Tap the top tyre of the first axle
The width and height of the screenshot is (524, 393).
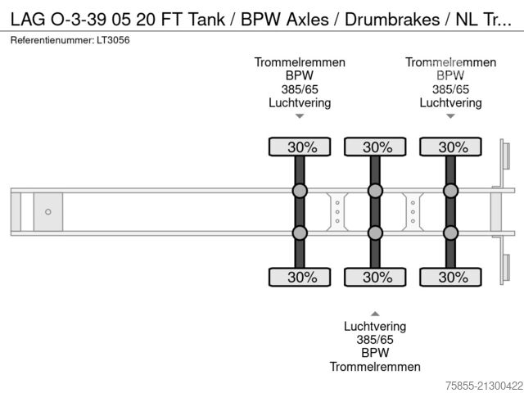pyautogui.click(x=300, y=147)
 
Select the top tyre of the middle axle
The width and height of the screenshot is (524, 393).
pyautogui.click(x=375, y=147)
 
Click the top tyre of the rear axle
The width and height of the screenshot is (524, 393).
pyautogui.click(x=450, y=147)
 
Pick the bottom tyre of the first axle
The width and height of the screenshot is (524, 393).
pyautogui.click(x=300, y=277)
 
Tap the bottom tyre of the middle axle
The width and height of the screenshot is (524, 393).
pyautogui.click(x=375, y=277)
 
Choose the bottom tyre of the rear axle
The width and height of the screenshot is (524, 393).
pyautogui.click(x=450, y=277)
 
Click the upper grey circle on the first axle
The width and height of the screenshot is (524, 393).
pyautogui.click(x=300, y=192)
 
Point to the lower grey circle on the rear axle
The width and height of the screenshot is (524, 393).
pyautogui.click(x=450, y=233)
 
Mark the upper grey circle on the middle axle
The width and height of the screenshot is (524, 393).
pyautogui.click(x=375, y=192)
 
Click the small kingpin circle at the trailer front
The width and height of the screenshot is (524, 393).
pyautogui.click(x=48, y=212)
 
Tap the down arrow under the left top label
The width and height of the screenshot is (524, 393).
pyautogui.click(x=300, y=116)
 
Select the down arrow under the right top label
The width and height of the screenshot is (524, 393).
pyautogui.click(x=450, y=116)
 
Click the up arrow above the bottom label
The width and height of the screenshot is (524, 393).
pyautogui.click(x=375, y=313)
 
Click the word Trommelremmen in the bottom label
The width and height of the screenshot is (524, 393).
pyautogui.click(x=375, y=366)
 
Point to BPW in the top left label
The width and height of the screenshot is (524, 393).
pyautogui.click(x=300, y=76)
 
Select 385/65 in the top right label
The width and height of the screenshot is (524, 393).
pyautogui.click(x=450, y=89)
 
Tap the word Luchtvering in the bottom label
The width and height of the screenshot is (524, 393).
pyautogui.click(x=375, y=326)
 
